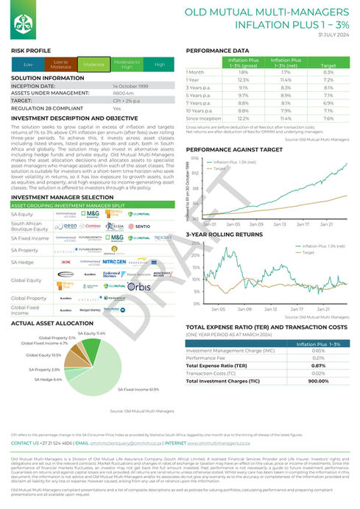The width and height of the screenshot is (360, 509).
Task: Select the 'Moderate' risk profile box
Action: click(x=93, y=65)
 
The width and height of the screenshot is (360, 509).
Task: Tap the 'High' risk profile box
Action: click(x=159, y=65)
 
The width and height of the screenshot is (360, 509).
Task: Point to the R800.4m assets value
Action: click(x=122, y=93)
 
